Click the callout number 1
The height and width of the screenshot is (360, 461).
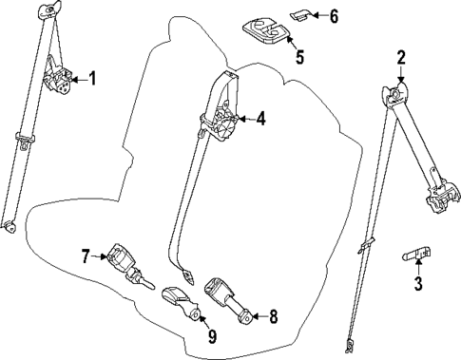click(92, 78)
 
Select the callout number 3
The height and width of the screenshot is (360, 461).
click(417, 282)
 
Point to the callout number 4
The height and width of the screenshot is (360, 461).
click(260, 119)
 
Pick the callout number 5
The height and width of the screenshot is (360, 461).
click(299, 57)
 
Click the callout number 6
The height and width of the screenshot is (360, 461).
click(333, 16)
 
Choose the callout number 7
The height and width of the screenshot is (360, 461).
click(86, 256)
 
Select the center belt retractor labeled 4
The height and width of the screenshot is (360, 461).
click(223, 122)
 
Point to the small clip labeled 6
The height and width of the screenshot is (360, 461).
click(300, 16)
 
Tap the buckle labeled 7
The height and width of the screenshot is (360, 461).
click(122, 258)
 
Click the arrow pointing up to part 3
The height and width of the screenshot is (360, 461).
click(417, 267)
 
